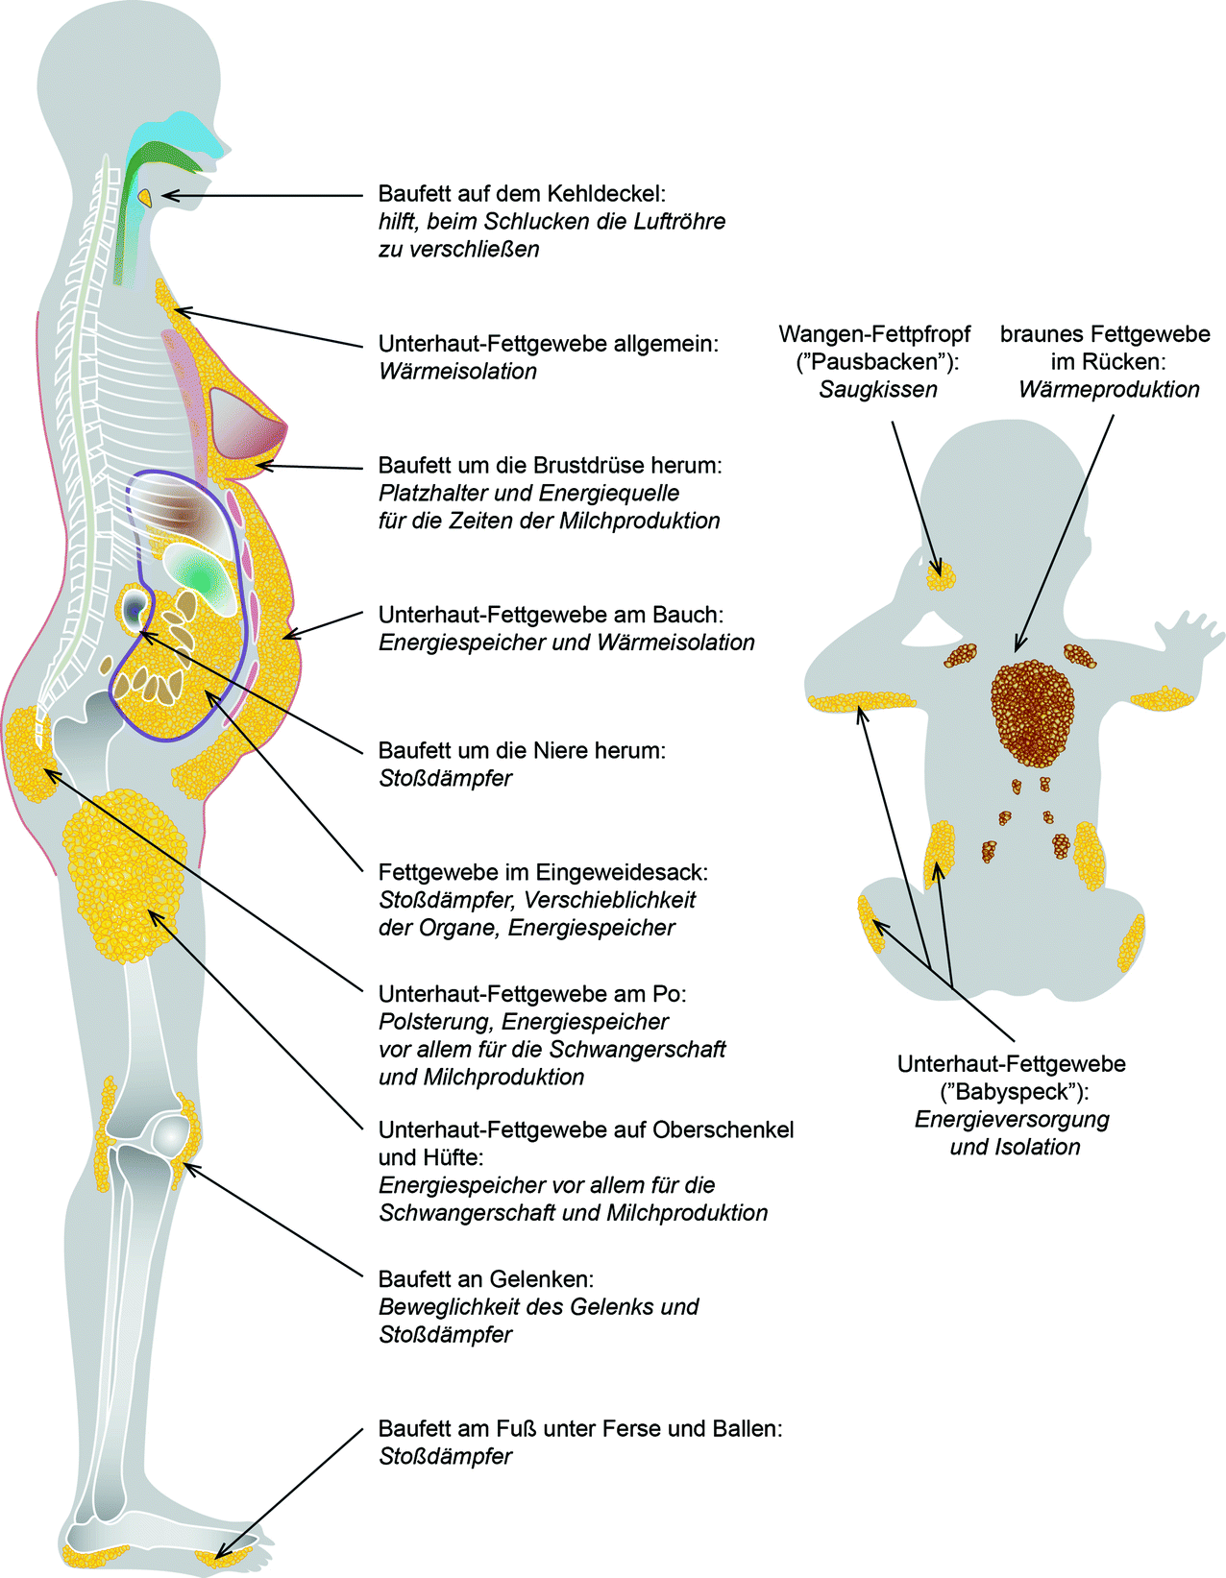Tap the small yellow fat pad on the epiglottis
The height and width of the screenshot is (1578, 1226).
coord(145,196)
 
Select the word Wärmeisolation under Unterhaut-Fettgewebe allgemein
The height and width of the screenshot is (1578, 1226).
coord(457,372)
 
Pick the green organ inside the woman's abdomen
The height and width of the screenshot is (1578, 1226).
coord(202,576)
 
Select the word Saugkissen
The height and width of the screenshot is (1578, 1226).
coord(877,390)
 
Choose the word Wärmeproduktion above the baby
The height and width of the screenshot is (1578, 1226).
coord(1109,390)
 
